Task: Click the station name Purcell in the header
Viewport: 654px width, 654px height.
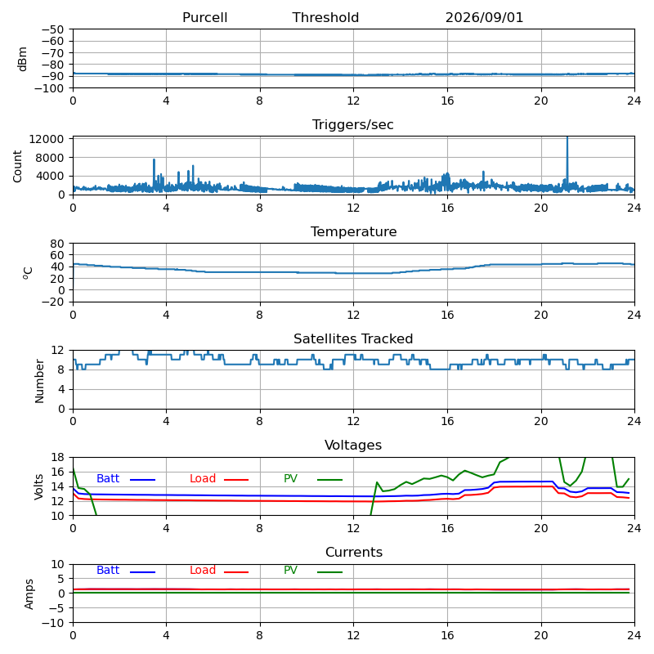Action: click(205, 17)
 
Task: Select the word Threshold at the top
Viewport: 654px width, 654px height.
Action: click(325, 17)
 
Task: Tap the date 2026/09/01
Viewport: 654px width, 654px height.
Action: click(484, 17)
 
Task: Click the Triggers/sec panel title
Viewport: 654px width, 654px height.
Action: click(353, 125)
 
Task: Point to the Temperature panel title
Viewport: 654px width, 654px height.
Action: click(354, 231)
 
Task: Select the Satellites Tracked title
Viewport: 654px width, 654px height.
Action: click(353, 338)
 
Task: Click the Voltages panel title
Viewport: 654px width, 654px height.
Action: click(353, 446)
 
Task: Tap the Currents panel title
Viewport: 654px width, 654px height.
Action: click(354, 553)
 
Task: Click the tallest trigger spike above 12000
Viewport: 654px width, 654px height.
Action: click(567, 137)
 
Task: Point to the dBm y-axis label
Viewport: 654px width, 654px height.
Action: click(22, 59)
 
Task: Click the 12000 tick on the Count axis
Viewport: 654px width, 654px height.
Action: click(47, 139)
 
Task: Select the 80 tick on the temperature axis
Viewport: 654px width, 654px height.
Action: click(58, 244)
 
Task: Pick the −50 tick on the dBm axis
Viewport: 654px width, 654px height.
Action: click(53, 29)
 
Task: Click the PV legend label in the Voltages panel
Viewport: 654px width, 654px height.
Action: click(290, 478)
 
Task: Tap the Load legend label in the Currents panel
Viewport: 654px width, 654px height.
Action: click(203, 570)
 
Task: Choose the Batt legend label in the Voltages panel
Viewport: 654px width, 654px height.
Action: click(108, 478)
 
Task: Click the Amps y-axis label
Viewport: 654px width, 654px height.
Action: click(29, 594)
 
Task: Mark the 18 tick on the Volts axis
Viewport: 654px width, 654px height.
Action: click(58, 457)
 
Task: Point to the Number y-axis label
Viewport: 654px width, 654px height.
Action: click(39, 381)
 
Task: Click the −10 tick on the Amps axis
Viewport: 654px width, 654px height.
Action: click(53, 623)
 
